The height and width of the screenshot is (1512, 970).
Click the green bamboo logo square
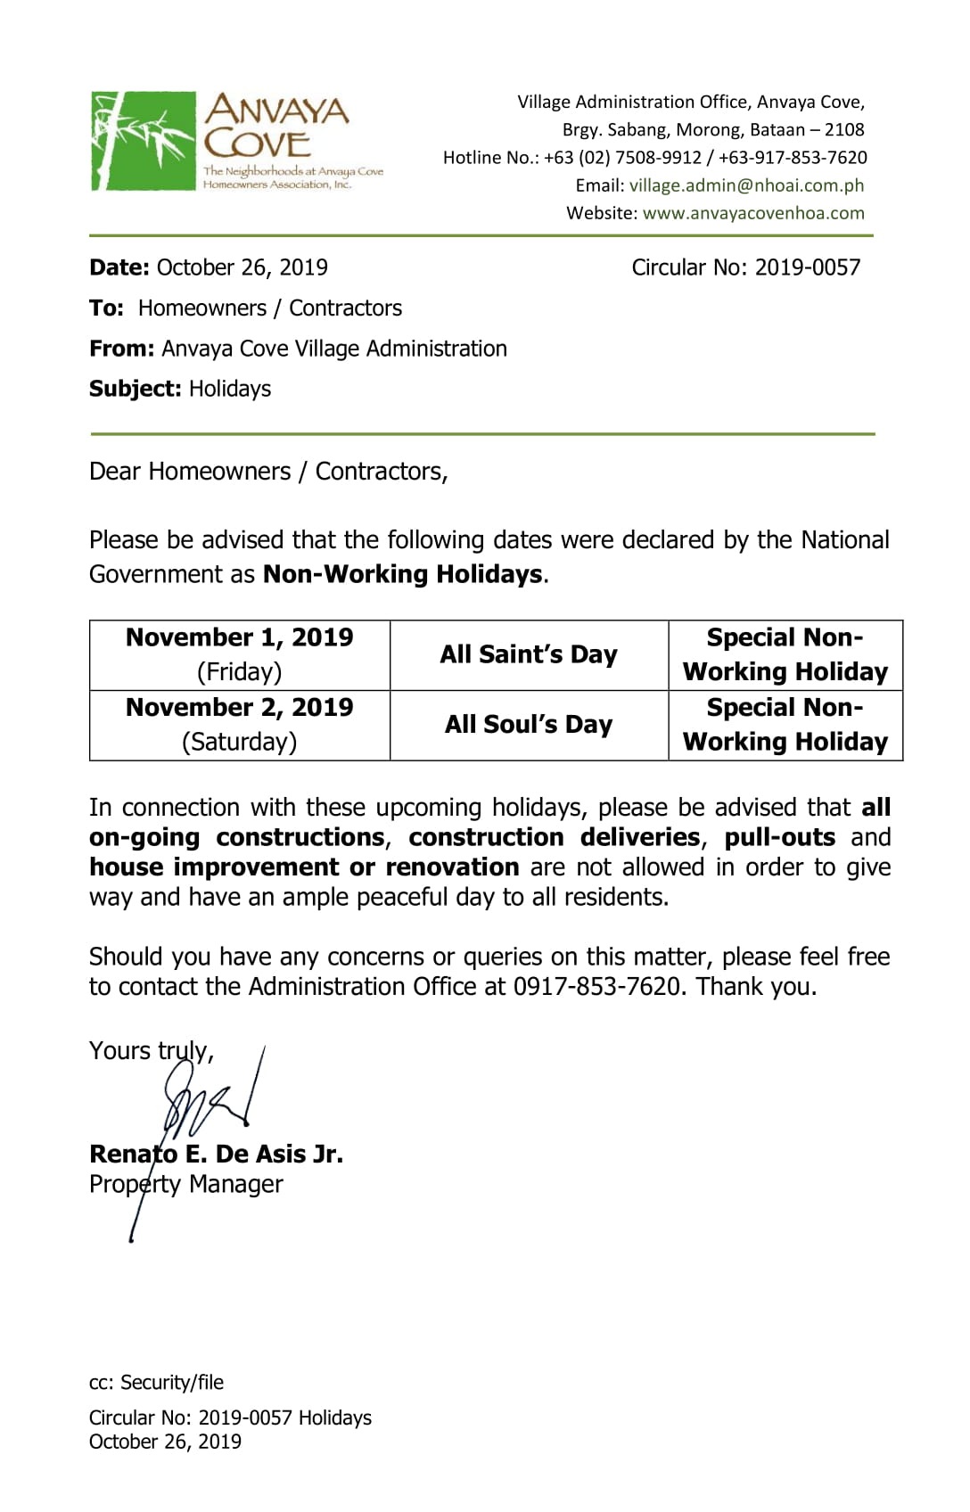pos(143,141)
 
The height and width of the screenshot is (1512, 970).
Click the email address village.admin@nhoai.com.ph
pos(746,185)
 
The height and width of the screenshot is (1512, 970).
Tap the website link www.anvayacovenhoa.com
pos(753,213)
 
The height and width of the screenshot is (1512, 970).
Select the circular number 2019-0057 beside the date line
pos(807,267)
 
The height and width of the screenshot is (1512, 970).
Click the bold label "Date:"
pos(119,267)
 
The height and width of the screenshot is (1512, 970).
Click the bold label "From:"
pos(122,349)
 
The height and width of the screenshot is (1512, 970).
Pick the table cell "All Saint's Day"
pos(529,654)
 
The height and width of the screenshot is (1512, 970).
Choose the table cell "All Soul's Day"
pos(529,724)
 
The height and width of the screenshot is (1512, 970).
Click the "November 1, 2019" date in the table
pos(239,637)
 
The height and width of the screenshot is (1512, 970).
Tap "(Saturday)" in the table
pos(239,742)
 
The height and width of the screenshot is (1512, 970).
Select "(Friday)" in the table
pos(239,671)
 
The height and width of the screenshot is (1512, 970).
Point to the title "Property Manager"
pos(185,1184)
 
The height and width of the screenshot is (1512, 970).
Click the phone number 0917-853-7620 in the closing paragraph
pos(596,987)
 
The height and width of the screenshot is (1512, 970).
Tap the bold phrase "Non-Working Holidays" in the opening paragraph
pos(402,574)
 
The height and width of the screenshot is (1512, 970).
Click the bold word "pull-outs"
pos(779,837)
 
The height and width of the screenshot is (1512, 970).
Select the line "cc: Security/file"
pos(156,1382)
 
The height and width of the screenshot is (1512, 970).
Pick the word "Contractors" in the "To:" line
pos(345,308)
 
